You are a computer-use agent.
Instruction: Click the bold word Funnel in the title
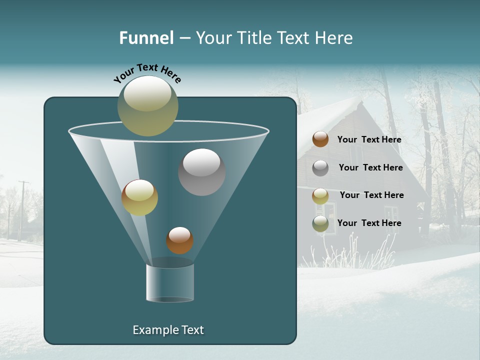(146, 38)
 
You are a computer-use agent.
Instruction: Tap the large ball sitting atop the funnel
(147, 106)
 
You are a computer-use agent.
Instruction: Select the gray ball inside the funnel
(201, 172)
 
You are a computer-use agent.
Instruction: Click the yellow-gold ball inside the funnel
(139, 197)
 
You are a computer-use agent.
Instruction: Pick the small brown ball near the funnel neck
(179, 240)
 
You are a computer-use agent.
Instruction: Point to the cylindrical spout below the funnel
(170, 282)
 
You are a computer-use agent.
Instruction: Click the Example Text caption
(168, 330)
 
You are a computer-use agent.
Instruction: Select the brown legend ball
(320, 139)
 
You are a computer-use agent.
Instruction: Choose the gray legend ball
(320, 167)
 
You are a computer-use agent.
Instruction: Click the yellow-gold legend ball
(320, 195)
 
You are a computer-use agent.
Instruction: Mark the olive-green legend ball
(320, 223)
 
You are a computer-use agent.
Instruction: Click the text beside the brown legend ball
(369, 139)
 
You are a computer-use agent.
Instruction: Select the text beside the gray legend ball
(370, 167)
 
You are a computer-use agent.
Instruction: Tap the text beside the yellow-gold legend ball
(371, 195)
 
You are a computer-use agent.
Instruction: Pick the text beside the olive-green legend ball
(369, 223)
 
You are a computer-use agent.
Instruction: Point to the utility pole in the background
(22, 210)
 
